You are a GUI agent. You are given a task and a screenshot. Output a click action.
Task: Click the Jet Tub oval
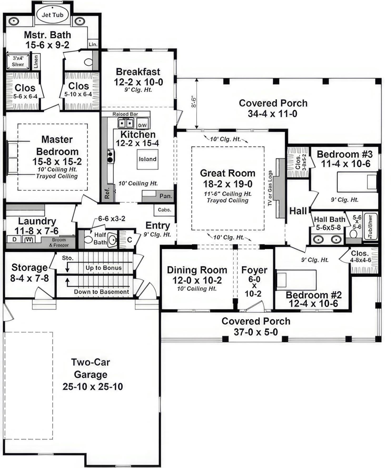pyautogui.click(x=52, y=15)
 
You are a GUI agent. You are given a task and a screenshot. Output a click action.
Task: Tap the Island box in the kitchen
pyautogui.click(x=147, y=159)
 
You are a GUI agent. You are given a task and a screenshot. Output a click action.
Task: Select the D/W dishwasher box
pyautogui.click(x=142, y=125)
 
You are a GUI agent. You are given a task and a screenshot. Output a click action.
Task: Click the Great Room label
pyautogui.click(x=227, y=173)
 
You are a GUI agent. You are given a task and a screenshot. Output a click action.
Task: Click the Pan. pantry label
pyautogui.click(x=166, y=196)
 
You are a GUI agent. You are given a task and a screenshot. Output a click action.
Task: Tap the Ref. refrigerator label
pyautogui.click(x=107, y=194)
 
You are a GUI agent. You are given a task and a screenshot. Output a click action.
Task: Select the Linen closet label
pyautogui.click(x=36, y=62)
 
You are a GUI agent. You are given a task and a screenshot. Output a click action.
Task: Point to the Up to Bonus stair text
pyautogui.click(x=103, y=268)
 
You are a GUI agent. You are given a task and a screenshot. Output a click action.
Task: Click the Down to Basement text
pyautogui.click(x=101, y=292)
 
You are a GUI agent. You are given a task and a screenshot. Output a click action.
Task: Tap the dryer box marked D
pyautogui.click(x=14, y=239)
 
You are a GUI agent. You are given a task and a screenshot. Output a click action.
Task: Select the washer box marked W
pyautogui.click(x=29, y=239)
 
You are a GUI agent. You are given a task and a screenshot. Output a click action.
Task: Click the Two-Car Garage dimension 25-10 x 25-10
pyautogui.click(x=93, y=386)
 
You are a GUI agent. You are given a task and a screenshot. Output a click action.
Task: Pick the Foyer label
pyautogui.click(x=254, y=270)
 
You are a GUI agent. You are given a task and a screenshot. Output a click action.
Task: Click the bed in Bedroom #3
pyautogui.click(x=357, y=182)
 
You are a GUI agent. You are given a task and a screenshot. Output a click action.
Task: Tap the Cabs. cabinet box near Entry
pyautogui.click(x=164, y=210)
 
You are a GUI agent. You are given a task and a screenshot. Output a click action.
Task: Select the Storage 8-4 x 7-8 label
pyautogui.click(x=29, y=273)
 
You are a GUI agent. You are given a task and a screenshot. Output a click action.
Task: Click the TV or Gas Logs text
pyautogui.click(x=270, y=188)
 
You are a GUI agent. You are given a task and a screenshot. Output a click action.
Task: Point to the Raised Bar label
pyautogui.click(x=125, y=114)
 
